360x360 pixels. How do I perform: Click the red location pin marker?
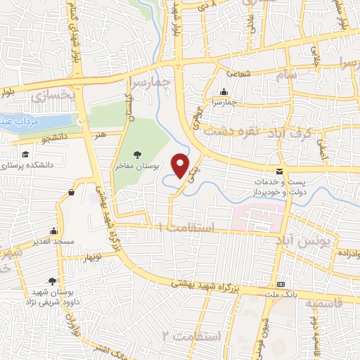point(181,165)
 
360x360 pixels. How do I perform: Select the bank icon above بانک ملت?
point(281,284)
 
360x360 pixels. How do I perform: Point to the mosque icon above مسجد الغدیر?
point(53,231)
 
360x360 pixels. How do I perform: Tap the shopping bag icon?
point(72,192)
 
